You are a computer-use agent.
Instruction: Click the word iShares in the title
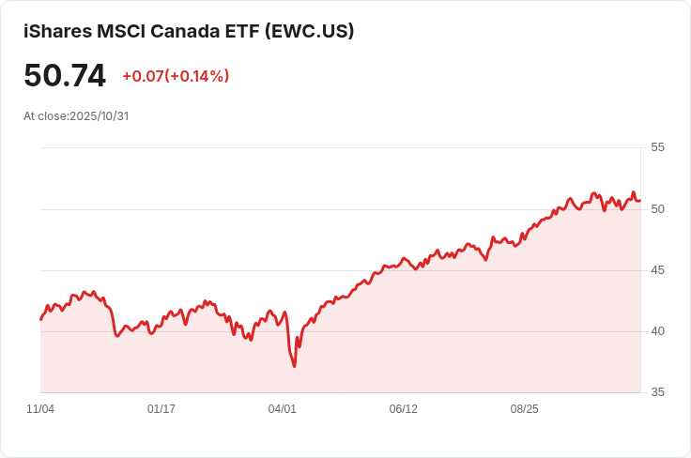point(57,31)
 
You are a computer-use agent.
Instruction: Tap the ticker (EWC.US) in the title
point(310,31)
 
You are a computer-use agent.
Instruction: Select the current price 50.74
point(65,76)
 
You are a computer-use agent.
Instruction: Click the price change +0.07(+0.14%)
point(176,76)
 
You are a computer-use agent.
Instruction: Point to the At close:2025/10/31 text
point(76,116)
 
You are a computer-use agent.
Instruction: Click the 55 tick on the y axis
point(657,147)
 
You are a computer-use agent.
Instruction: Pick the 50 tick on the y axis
point(657,208)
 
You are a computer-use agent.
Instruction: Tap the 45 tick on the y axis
point(657,269)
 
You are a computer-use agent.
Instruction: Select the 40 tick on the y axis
point(657,330)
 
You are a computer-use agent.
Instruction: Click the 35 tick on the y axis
point(657,392)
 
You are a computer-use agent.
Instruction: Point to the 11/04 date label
point(40,409)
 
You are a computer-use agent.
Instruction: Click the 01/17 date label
point(161,409)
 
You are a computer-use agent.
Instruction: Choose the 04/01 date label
point(282,409)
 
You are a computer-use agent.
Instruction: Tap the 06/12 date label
point(403,409)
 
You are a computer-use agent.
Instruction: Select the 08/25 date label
point(525,409)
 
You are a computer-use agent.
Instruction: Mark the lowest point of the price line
point(295,366)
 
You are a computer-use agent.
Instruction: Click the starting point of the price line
point(41,319)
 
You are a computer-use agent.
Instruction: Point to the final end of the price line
point(640,201)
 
